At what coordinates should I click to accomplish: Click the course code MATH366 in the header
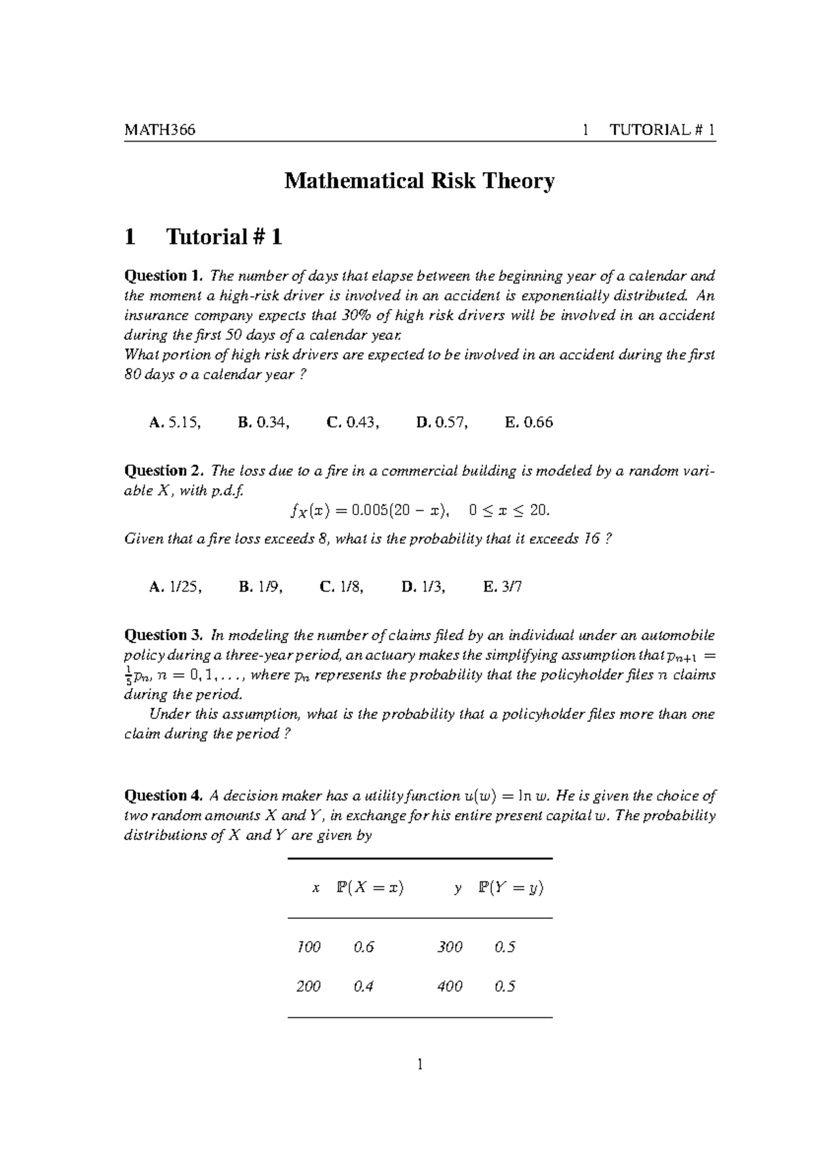pos(159,130)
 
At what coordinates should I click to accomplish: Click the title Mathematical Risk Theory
pos(419,181)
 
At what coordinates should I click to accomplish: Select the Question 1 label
pos(163,276)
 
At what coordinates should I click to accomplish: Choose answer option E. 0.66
pos(529,422)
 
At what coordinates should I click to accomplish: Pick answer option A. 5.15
pos(175,422)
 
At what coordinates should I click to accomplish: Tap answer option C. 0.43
pos(353,422)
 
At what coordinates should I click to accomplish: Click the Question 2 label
pos(163,470)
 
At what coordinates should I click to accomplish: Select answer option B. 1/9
pos(260,587)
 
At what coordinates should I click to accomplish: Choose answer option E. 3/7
pos(503,587)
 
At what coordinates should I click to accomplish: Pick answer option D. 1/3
pos(423,587)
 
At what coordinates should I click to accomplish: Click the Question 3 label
pos(163,635)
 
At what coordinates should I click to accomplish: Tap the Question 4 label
pos(163,796)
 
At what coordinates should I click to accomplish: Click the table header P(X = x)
pos(370,888)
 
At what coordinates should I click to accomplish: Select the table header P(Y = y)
pos(511,888)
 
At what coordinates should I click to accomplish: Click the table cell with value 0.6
pos(364,947)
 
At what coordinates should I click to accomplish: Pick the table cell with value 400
pos(450,986)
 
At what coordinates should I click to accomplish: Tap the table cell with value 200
pos(308,986)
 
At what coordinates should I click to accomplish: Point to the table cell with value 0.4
pos(364,986)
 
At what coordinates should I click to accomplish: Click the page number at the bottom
pos(420,1066)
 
